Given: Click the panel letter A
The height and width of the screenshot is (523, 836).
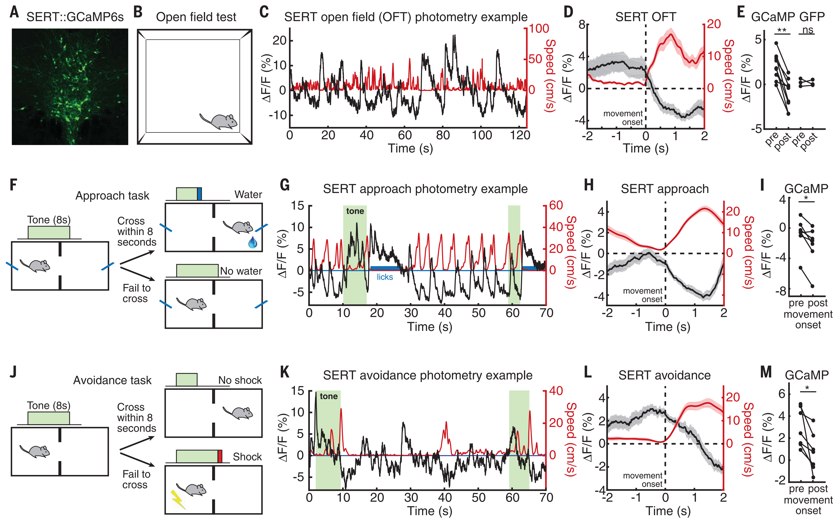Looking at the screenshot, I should tap(14, 12).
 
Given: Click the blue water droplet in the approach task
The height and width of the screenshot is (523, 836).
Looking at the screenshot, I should tap(253, 242).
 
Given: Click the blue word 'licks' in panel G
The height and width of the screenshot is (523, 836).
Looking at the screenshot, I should tap(385, 277).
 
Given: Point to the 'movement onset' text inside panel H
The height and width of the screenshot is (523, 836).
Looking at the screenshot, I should tap(643, 295).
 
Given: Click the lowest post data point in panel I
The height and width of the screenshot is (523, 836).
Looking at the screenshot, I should tap(813, 286).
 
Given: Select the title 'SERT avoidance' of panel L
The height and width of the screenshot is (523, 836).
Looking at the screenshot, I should tap(664, 375).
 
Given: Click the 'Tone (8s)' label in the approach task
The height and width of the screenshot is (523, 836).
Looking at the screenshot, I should tap(49, 220).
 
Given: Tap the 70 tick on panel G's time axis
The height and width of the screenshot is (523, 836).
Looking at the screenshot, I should tap(546, 313).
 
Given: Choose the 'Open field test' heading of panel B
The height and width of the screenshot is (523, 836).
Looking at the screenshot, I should tap(196, 17).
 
